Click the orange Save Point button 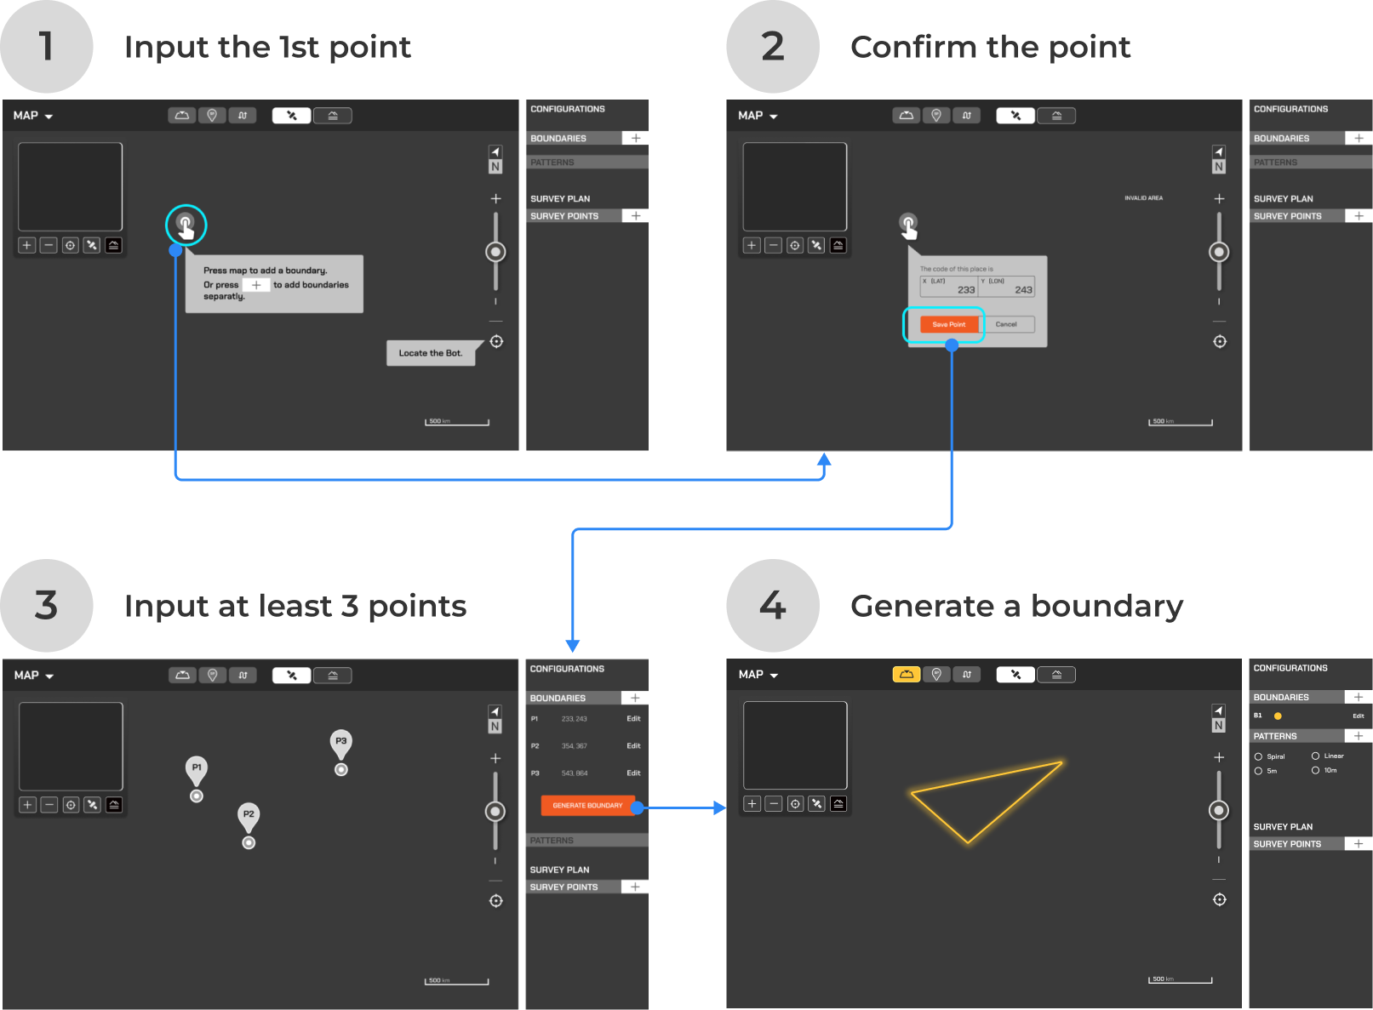pyautogui.click(x=948, y=324)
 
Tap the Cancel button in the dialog pyautogui.click(x=1006, y=324)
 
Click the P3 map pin pyautogui.click(x=340, y=742)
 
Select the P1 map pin pyautogui.click(x=197, y=768)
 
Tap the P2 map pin pyautogui.click(x=249, y=815)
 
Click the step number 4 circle pyautogui.click(x=772, y=606)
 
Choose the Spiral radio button pyautogui.click(x=1258, y=756)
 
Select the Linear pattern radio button pyautogui.click(x=1315, y=756)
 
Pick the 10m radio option pyautogui.click(x=1315, y=770)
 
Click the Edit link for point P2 pyautogui.click(x=633, y=746)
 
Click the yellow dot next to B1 pyautogui.click(x=1278, y=716)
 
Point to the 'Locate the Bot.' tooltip pyautogui.click(x=431, y=353)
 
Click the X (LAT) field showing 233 pyautogui.click(x=948, y=287)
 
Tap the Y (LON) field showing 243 pyautogui.click(x=1007, y=287)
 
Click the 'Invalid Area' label pyautogui.click(x=1143, y=198)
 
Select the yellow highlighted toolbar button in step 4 pyautogui.click(x=906, y=675)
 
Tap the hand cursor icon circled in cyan pyautogui.click(x=186, y=225)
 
